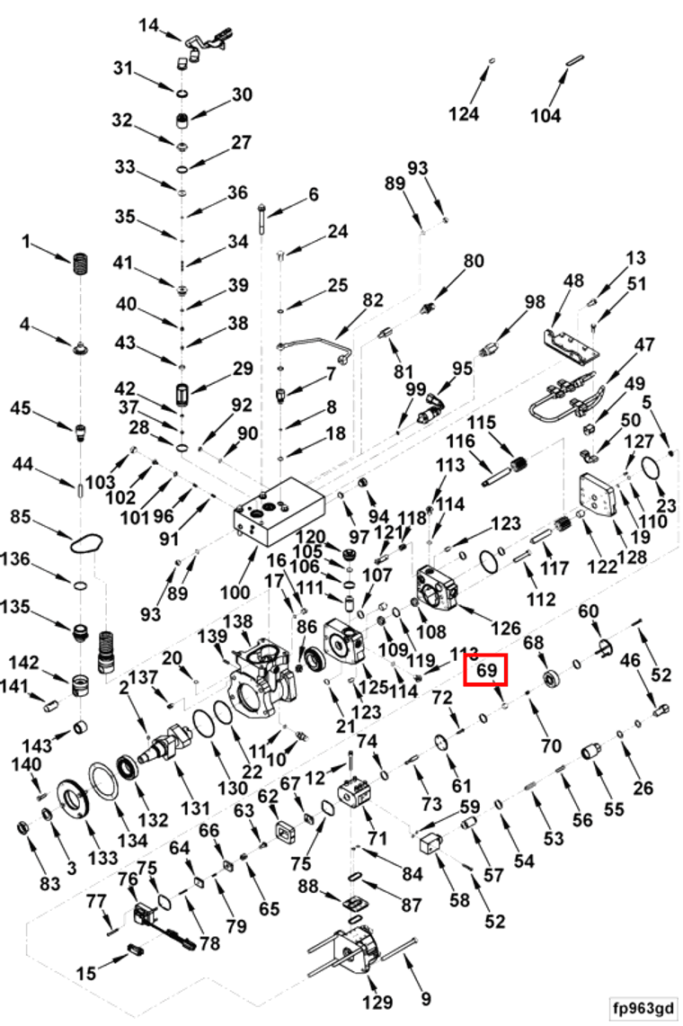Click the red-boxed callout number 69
pyautogui.click(x=486, y=670)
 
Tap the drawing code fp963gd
pyautogui.click(x=643, y=1008)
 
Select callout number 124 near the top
pyautogui.click(x=463, y=114)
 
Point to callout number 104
pyautogui.click(x=546, y=116)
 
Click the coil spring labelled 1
pyautogui.click(x=81, y=265)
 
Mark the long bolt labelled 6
pyautogui.click(x=261, y=221)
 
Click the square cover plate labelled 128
pyautogui.click(x=598, y=498)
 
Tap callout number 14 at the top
pyautogui.click(x=149, y=25)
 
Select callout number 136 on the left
pyautogui.click(x=15, y=559)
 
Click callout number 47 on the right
pyautogui.click(x=644, y=343)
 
